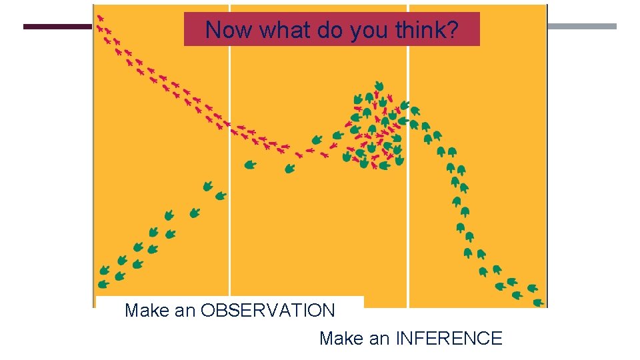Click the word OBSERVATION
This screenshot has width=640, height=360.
pyautogui.click(x=267, y=311)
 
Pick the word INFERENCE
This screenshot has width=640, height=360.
pyautogui.click(x=449, y=339)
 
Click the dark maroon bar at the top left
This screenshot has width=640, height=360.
pyautogui.click(x=57, y=27)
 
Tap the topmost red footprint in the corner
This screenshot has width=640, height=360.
pyautogui.click(x=100, y=18)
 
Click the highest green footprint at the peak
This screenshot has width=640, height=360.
pyautogui.click(x=379, y=86)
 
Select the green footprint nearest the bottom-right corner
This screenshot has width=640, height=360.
pyautogui.click(x=537, y=302)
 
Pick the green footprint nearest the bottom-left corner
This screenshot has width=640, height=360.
pyautogui.click(x=103, y=284)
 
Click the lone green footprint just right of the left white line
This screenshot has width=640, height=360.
pyautogui.click(x=249, y=165)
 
